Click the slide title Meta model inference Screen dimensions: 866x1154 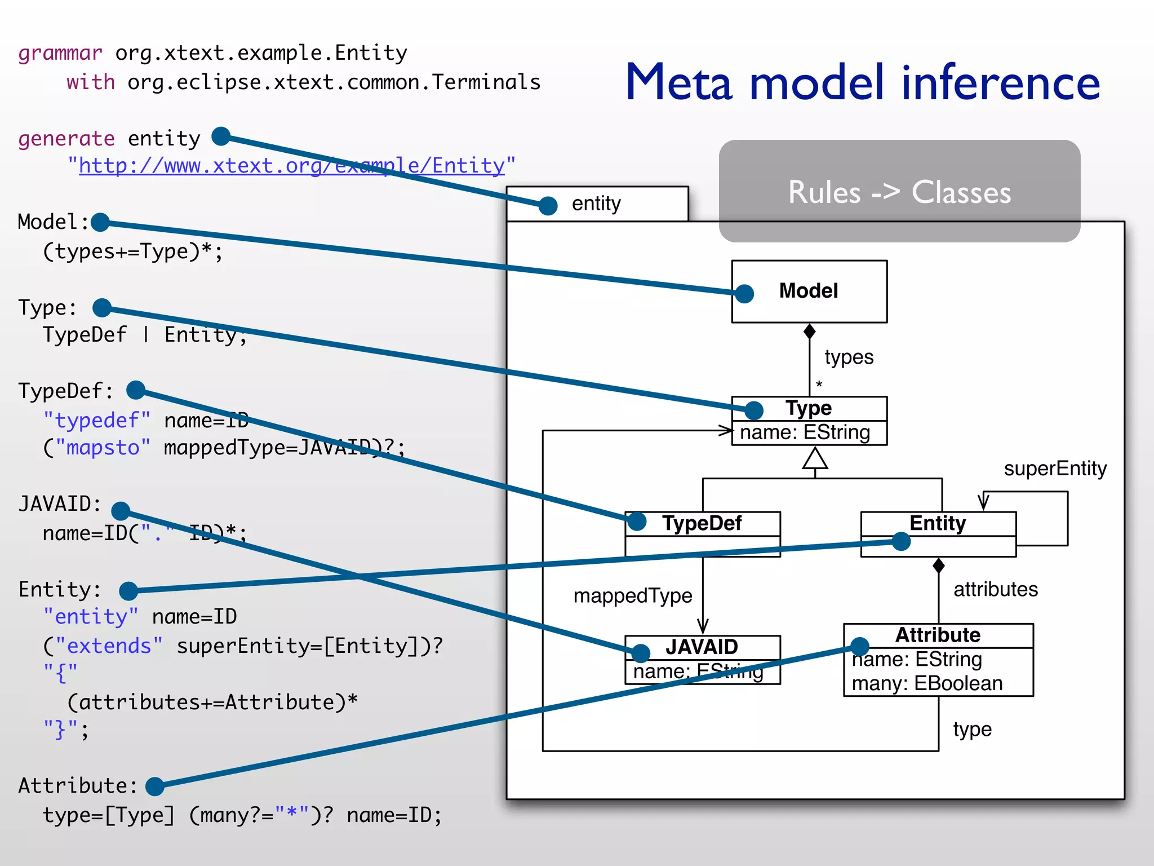[862, 83]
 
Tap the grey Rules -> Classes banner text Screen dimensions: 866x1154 [899, 192]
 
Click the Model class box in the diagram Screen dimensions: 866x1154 [809, 291]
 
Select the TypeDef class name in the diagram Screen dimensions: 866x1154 [702, 523]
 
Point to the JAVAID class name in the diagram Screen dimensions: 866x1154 [702, 647]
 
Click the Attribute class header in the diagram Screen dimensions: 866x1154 [938, 635]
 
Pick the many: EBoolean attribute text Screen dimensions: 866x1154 [927, 683]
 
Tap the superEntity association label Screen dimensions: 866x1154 [1055, 469]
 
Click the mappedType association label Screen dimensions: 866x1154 [632, 596]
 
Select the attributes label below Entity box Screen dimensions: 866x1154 [995, 589]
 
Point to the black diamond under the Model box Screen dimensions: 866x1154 [809, 332]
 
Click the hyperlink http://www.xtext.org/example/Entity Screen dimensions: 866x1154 [291, 166]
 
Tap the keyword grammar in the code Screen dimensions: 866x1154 [60, 53]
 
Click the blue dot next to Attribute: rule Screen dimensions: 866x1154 [154, 786]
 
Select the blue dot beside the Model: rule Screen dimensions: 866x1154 [100, 222]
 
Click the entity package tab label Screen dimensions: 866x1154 [596, 204]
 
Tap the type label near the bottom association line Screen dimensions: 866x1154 [972, 730]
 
